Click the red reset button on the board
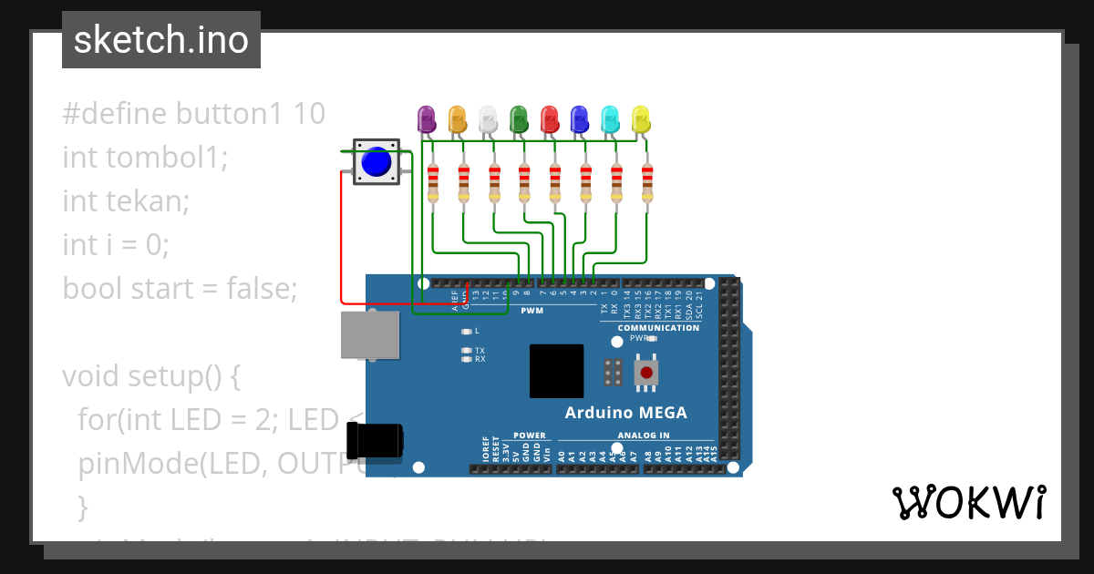647,372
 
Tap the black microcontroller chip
556,371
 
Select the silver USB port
369,334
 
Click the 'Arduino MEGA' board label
625,413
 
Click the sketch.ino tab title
161,40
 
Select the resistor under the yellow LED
647,183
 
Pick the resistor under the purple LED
433,183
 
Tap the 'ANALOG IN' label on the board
644,436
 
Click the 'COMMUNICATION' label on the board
658,328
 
